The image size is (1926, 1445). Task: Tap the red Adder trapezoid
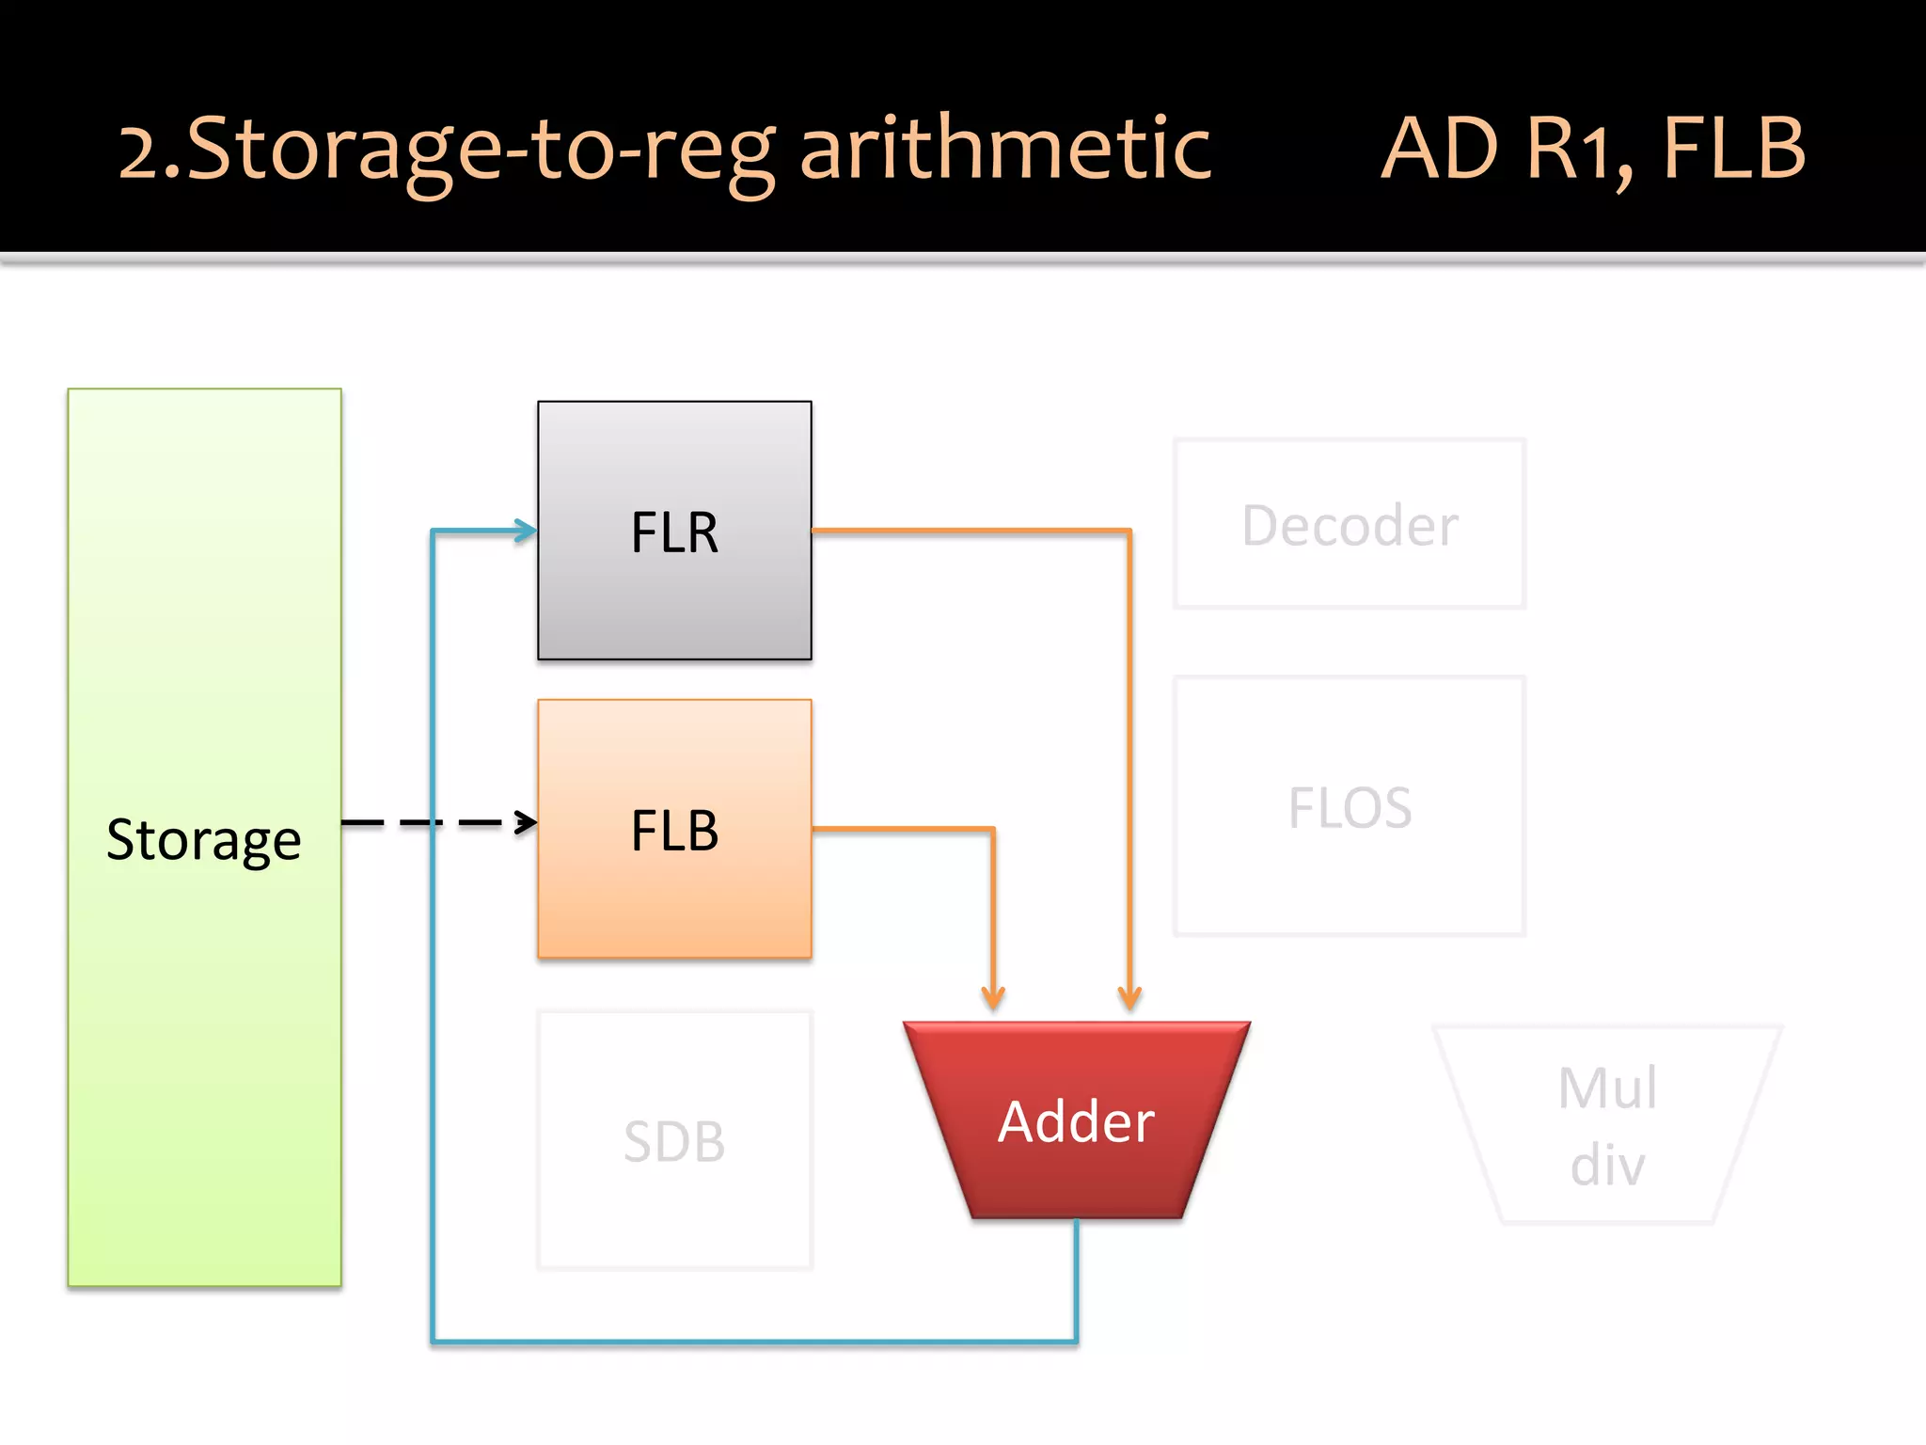[x=1077, y=1119]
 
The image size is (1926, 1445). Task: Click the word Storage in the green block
[x=203, y=839]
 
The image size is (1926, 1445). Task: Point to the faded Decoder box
[x=1350, y=524]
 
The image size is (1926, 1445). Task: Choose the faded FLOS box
[x=1350, y=806]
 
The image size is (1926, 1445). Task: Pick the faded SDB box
[x=674, y=1141]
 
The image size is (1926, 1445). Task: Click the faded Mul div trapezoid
[x=1607, y=1125]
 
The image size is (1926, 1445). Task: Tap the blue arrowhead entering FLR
[x=525, y=531]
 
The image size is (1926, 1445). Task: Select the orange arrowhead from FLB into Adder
[x=993, y=997]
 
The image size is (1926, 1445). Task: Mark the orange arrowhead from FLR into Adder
[x=1129, y=997]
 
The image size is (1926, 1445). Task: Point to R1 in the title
[x=1576, y=149]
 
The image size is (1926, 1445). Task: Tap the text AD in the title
[x=1439, y=149]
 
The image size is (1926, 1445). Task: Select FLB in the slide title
[x=1734, y=149]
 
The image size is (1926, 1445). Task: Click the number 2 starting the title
[x=139, y=152]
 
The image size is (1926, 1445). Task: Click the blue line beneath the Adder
[x=752, y=1342]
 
